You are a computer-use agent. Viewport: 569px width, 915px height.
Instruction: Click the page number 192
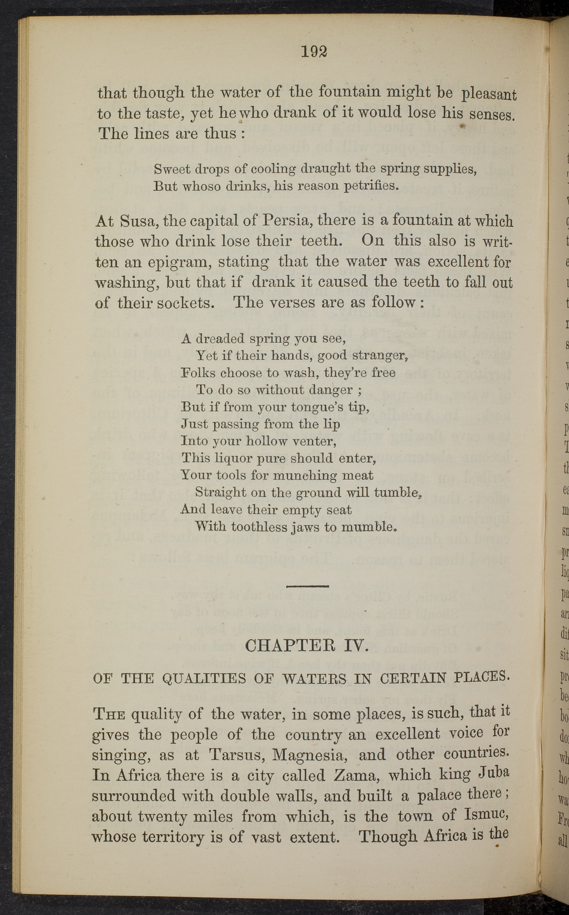[314, 52]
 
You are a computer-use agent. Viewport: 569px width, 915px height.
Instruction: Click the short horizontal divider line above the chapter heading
[308, 586]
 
